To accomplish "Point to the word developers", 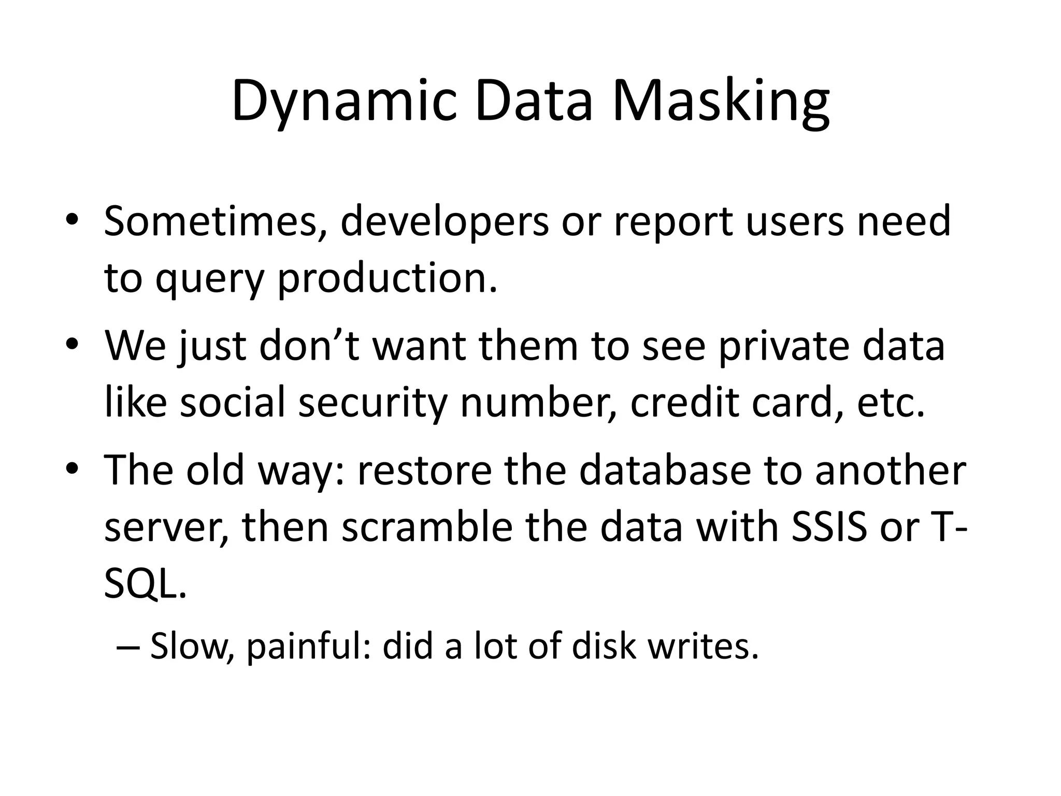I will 445,221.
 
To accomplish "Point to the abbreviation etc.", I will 891,403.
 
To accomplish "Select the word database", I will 665,470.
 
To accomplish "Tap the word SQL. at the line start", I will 145,584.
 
